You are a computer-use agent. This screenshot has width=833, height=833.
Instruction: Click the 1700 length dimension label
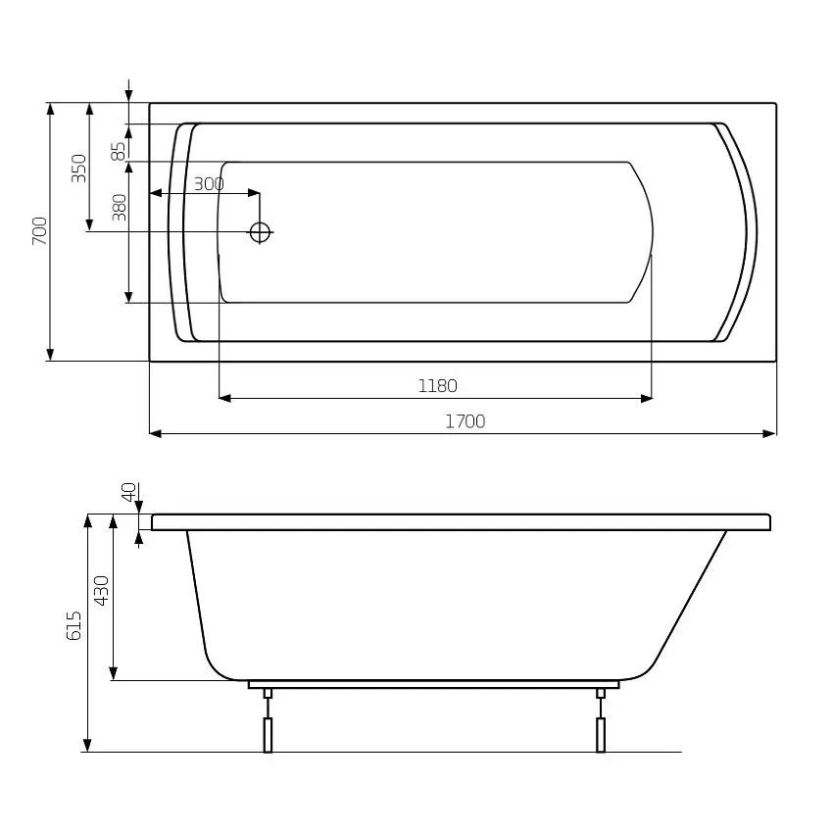click(x=465, y=421)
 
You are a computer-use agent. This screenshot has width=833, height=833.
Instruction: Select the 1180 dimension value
click(x=437, y=386)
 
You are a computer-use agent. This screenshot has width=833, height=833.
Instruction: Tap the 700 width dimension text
click(x=40, y=230)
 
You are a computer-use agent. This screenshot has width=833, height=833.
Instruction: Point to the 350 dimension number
click(x=78, y=168)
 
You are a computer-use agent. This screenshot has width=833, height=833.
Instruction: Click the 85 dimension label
click(x=119, y=151)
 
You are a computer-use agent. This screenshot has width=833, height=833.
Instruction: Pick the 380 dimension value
click(x=120, y=207)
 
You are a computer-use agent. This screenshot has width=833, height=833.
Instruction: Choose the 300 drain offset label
click(x=209, y=184)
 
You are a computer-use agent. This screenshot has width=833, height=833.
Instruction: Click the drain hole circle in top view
click(x=261, y=232)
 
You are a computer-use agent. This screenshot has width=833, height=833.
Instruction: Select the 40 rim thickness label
click(x=129, y=492)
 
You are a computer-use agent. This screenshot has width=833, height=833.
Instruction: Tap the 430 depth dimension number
click(x=101, y=590)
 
